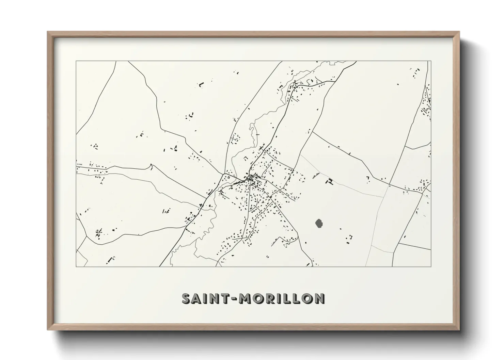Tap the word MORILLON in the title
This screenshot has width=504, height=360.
click(282, 298)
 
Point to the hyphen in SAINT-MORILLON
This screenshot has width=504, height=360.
click(235, 299)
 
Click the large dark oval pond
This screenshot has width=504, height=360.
click(319, 224)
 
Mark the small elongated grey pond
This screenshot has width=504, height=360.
click(315, 176)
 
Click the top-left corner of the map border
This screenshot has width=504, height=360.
click(76, 61)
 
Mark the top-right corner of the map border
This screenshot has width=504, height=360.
click(431, 61)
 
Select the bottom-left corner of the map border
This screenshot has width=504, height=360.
click(76, 266)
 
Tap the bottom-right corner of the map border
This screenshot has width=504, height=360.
click(431, 266)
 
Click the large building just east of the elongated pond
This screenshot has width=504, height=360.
click(330, 181)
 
